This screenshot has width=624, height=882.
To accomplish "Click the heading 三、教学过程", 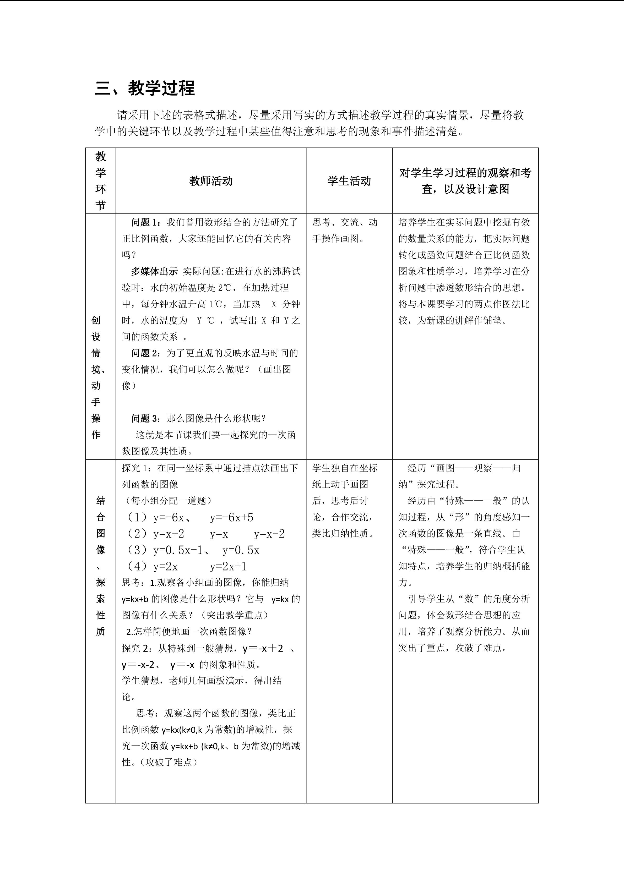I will (145, 88).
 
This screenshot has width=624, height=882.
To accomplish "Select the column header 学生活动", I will (349, 181).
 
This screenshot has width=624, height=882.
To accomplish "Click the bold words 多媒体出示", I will (154, 271).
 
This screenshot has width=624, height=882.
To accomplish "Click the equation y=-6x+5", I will (231, 517).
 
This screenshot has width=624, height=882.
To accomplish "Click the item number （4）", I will (137, 566).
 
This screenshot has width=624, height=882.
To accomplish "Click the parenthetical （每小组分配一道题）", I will (166, 501).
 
